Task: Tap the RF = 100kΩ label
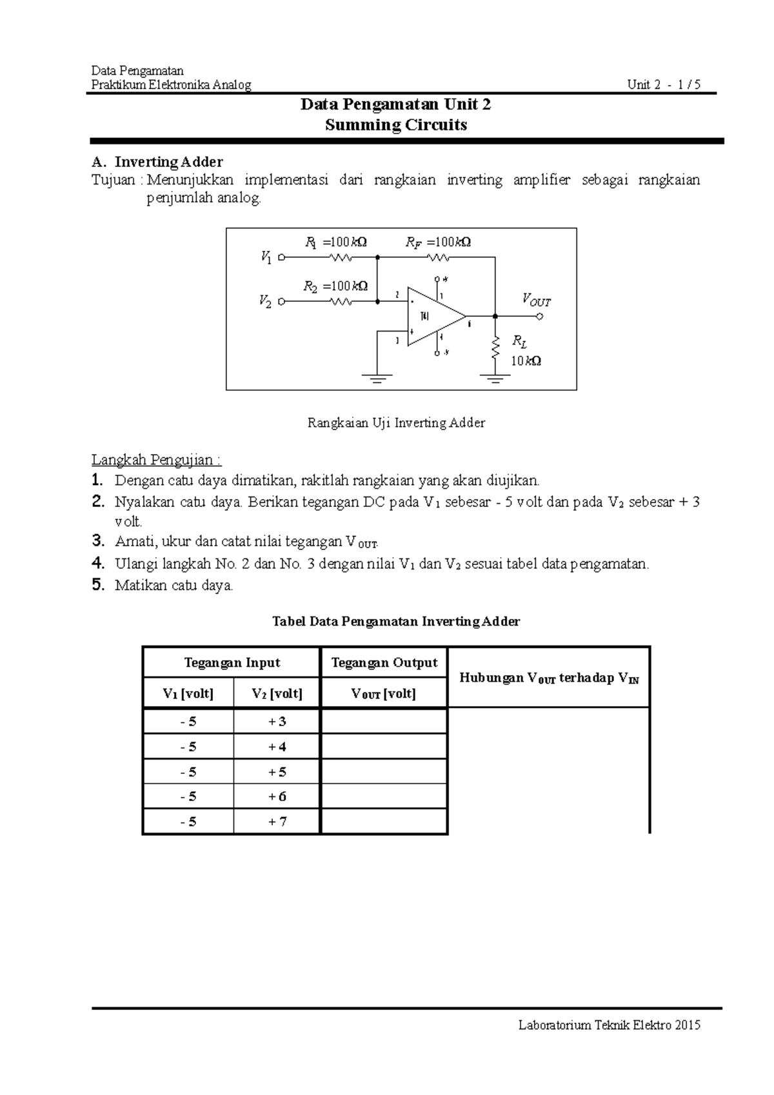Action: point(438,242)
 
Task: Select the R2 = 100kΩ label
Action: point(335,286)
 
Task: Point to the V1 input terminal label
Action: point(266,257)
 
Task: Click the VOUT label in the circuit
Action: point(536,300)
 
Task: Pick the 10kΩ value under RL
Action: point(526,361)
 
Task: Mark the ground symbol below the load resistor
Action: point(495,379)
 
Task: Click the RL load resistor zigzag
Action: point(495,349)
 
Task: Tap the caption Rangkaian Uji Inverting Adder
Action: point(396,423)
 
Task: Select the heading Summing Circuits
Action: point(396,125)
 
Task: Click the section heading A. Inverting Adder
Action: point(157,161)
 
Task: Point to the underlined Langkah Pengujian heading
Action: point(156,460)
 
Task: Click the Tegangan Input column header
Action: point(232,662)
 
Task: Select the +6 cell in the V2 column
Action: point(277,796)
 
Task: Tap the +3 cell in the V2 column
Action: point(277,721)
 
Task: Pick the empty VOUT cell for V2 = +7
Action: point(384,822)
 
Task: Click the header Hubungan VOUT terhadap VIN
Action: point(549,678)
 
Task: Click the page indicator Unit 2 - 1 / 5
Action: point(664,84)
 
